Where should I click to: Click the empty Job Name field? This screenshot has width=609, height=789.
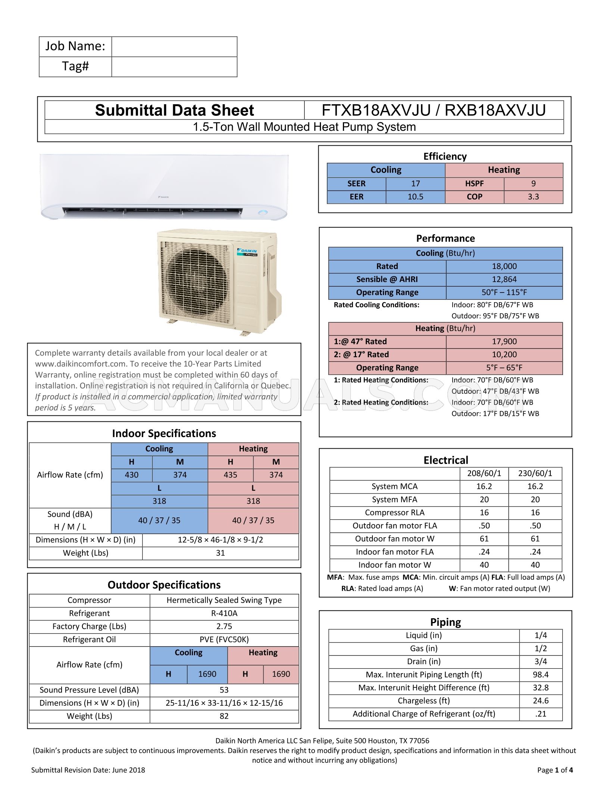point(174,47)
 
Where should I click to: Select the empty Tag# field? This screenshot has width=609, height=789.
point(174,67)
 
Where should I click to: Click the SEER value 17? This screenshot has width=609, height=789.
point(415,183)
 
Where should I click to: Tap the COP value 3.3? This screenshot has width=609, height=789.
point(533,197)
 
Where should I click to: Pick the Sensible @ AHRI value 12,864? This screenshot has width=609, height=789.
point(504,279)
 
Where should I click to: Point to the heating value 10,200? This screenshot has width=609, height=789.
point(504,355)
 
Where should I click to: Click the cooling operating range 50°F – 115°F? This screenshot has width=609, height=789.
point(504,293)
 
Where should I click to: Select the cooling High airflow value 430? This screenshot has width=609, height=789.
point(132,475)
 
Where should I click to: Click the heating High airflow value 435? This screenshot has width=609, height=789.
point(230,475)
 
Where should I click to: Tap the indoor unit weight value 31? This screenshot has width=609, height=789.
point(220,553)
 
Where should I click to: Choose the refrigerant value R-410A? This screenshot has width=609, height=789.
point(224,613)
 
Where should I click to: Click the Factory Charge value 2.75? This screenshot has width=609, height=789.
point(224,626)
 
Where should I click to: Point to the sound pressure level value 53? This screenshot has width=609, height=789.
point(224,690)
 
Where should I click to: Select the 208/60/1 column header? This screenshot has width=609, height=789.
point(484,473)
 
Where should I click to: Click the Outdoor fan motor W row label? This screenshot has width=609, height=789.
point(394,539)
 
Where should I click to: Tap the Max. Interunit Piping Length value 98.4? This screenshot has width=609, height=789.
point(540,675)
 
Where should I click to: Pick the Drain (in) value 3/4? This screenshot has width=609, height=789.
point(540,662)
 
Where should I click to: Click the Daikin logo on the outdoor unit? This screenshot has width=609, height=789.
point(247,251)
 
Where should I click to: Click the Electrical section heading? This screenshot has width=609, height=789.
point(446,460)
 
